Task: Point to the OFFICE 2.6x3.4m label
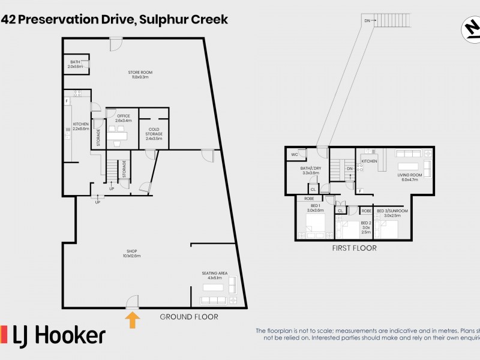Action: (123, 118)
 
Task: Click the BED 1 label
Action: (315, 208)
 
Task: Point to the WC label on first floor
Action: (294, 155)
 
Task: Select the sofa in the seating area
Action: (212, 300)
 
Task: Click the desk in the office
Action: (119, 136)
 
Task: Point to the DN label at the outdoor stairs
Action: (367, 21)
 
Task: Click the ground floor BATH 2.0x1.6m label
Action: (75, 64)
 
